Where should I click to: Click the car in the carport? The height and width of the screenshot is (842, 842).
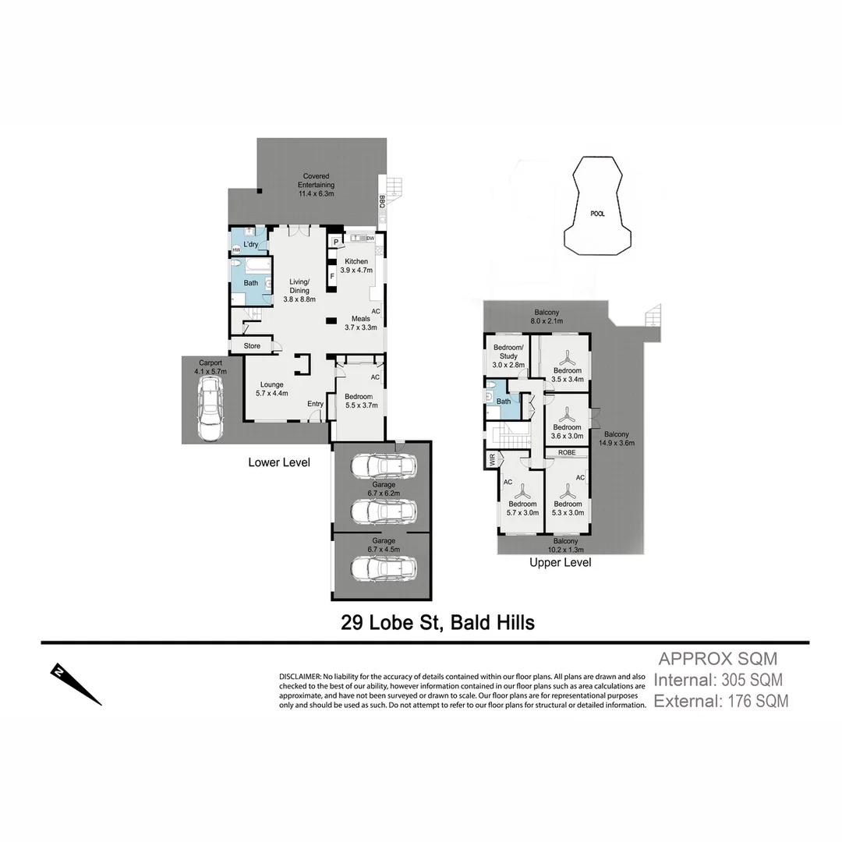pyautogui.click(x=209, y=413)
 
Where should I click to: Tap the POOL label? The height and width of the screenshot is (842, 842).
pyautogui.click(x=597, y=213)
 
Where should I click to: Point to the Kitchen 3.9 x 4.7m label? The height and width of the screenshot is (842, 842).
pyautogui.click(x=356, y=265)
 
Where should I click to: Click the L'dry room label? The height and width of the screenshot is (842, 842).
pyautogui.click(x=250, y=244)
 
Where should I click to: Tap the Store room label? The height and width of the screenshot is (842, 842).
pyautogui.click(x=252, y=345)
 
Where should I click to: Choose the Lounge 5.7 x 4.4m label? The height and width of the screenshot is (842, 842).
pyautogui.click(x=271, y=388)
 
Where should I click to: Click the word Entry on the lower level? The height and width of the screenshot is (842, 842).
pyautogui.click(x=315, y=403)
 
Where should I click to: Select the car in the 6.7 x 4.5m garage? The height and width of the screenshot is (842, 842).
pyautogui.click(x=382, y=567)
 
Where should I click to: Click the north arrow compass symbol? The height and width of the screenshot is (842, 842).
pyautogui.click(x=76, y=684)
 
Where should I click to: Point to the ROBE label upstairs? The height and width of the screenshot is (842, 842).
pyautogui.click(x=567, y=452)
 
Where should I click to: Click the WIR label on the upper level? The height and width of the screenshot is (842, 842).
pyautogui.click(x=492, y=461)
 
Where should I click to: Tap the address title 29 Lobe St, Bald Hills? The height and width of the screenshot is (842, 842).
pyautogui.click(x=437, y=623)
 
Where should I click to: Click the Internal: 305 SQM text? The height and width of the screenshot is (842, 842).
pyautogui.click(x=717, y=679)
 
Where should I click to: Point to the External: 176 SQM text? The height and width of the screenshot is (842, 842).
pyautogui.click(x=720, y=701)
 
